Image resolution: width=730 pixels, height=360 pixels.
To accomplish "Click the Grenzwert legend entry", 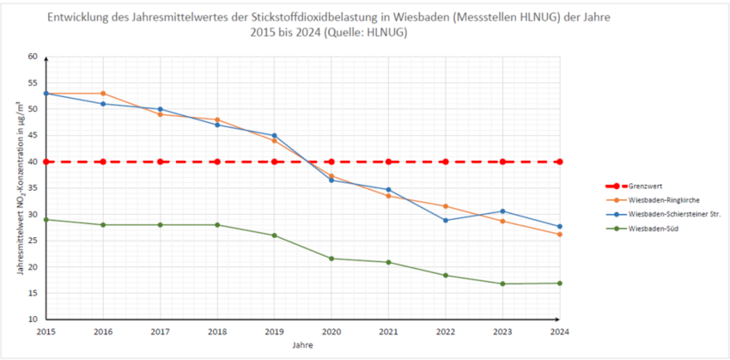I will [646, 185].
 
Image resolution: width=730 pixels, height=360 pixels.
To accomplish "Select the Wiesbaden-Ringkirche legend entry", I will [661, 199].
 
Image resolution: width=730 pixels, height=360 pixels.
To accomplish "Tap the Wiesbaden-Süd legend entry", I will [654, 229].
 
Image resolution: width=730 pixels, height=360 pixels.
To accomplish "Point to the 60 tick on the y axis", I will [33, 57].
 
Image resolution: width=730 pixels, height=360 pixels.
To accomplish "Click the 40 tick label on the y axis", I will [33, 162].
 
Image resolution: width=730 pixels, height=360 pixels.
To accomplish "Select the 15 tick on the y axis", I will [33, 293].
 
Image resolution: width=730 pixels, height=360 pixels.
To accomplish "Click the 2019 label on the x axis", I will [274, 331].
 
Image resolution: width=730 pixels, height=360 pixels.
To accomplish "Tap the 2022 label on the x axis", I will [445, 331].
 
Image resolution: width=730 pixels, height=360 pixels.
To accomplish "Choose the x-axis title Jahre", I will [302, 345].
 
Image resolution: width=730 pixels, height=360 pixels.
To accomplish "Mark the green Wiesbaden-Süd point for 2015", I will [46, 219].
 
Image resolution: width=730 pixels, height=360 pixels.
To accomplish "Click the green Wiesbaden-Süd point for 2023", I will [502, 284].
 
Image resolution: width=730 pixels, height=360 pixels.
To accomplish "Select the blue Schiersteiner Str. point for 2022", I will [445, 220].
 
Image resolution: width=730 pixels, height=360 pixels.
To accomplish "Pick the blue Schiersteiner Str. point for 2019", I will [274, 136].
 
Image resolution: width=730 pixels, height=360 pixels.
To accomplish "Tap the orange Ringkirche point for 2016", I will [103, 94].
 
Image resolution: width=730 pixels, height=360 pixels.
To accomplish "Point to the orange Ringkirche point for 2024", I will [559, 235].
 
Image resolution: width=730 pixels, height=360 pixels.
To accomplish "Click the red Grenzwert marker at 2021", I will [388, 162].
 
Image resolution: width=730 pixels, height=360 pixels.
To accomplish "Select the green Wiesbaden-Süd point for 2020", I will [331, 259].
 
